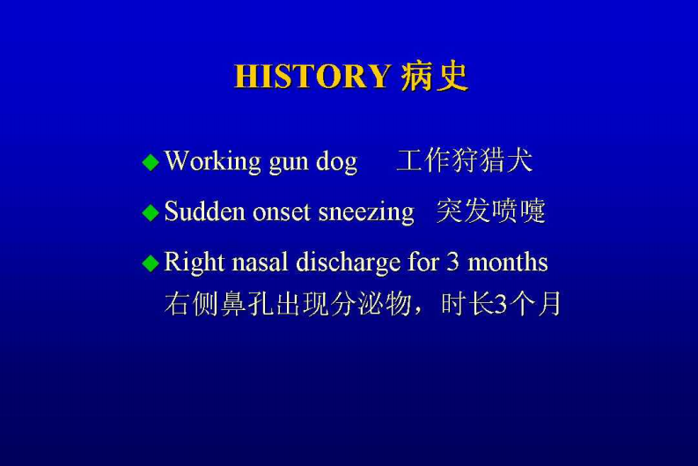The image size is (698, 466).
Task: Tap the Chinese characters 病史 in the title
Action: click(x=434, y=78)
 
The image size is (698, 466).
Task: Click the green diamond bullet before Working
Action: click(x=151, y=162)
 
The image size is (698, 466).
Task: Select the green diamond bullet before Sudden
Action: click(x=151, y=212)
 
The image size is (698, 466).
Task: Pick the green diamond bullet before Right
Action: click(x=151, y=263)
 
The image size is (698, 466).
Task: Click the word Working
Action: click(x=213, y=162)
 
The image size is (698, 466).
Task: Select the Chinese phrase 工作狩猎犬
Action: click(x=464, y=161)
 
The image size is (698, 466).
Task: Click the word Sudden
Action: click(x=204, y=212)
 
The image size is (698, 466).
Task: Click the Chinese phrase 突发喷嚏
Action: click(x=490, y=212)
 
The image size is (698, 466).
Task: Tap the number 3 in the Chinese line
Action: click(x=501, y=305)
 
